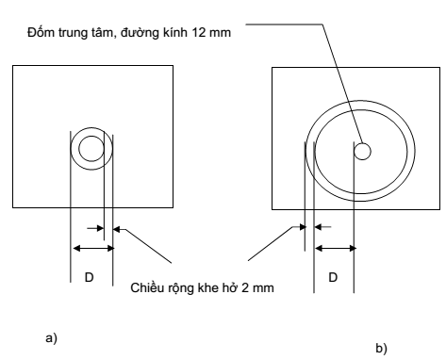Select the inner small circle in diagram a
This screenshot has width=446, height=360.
[x=91, y=148]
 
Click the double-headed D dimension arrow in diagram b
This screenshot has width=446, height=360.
[x=335, y=248]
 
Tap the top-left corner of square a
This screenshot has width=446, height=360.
[x=13, y=66]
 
